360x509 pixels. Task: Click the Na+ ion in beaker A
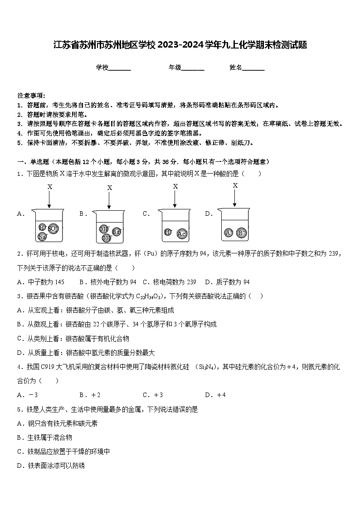coord(42,237)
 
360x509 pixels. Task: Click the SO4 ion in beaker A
coord(54,228)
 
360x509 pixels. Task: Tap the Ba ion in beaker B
coord(117,232)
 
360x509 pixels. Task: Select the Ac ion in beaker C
coord(182,234)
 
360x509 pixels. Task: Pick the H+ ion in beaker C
coord(168,232)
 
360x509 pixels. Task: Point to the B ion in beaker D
coord(242,233)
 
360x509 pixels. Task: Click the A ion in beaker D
coord(229,233)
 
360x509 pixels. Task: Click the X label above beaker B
coord(109,188)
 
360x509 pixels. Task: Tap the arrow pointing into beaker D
coord(235,198)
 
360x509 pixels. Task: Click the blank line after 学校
coord(120,68)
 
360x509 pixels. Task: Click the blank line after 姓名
coord(253,68)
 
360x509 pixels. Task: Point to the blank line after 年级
coord(193,68)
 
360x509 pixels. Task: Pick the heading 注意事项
coord(31,96)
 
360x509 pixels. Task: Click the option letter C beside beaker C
coord(146,214)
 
